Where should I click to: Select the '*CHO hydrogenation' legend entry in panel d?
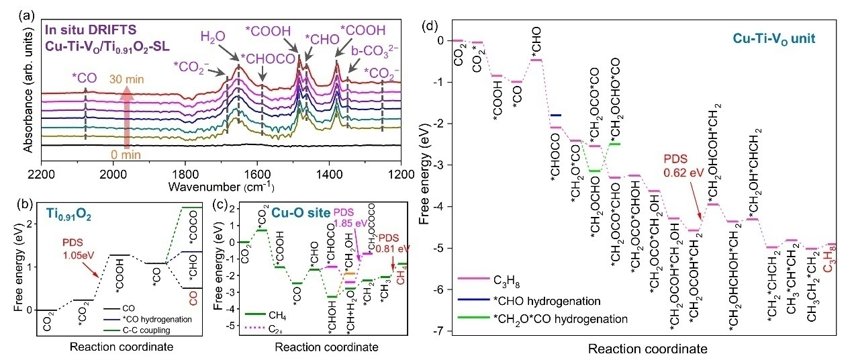click(x=540, y=300)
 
